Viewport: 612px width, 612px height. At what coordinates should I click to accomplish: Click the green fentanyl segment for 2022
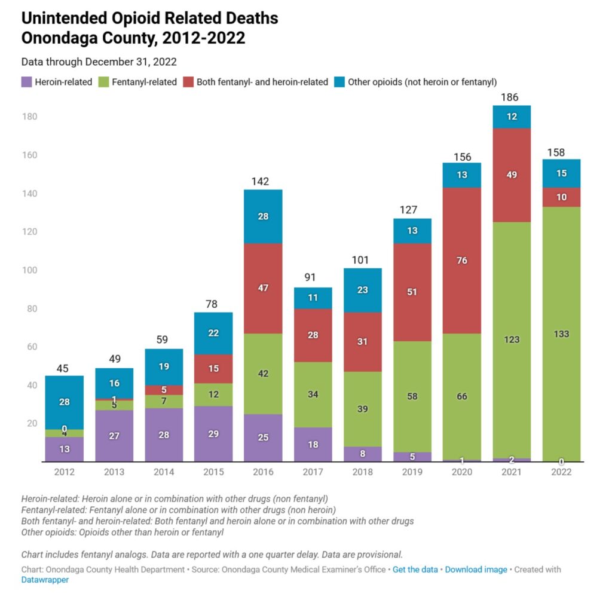(561, 334)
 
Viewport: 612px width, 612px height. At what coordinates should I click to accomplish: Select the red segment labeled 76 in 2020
(462, 261)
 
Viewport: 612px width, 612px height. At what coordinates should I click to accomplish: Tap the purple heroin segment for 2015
(213, 434)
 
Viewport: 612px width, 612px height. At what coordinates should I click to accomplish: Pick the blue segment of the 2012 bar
(64, 402)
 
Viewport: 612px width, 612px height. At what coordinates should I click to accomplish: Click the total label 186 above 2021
(511, 97)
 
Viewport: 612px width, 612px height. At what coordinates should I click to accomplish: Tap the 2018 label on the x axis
(362, 472)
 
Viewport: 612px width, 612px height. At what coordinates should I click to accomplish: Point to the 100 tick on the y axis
(30, 270)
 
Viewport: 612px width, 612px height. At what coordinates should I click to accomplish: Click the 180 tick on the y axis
(30, 117)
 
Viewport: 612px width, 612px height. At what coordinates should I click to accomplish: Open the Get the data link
(415, 570)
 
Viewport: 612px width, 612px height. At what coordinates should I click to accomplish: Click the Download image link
(476, 570)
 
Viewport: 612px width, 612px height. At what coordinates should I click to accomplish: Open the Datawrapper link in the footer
(45, 580)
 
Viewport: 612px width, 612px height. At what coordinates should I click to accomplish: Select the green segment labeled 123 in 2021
(512, 339)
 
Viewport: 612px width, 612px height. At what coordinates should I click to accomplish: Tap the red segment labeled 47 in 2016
(263, 288)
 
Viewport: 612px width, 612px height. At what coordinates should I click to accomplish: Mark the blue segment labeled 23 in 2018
(362, 290)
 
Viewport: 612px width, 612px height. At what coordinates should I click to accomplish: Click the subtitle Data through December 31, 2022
(99, 62)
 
